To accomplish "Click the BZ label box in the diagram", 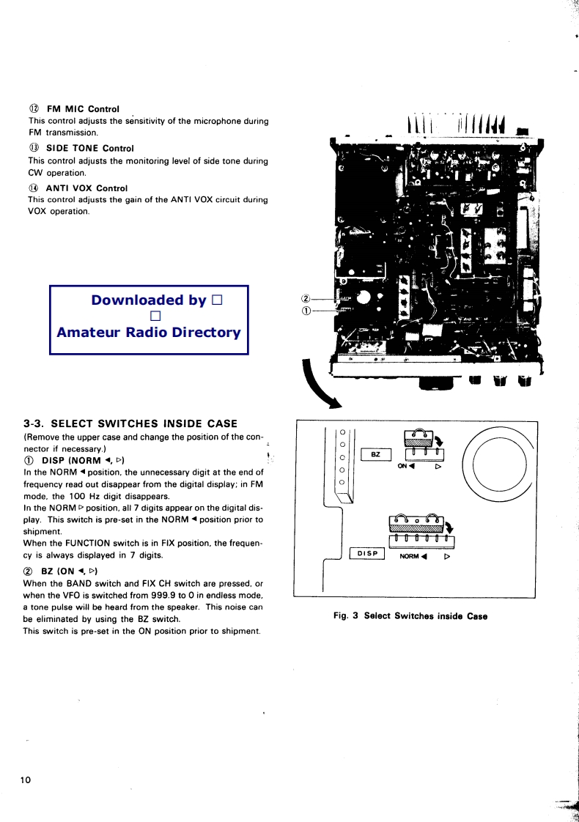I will [x=376, y=455].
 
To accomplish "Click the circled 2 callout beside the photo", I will [x=306, y=298].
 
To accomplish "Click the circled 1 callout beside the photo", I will [x=306, y=310].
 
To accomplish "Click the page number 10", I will [x=26, y=780].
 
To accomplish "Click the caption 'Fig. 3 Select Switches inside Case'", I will [x=410, y=616].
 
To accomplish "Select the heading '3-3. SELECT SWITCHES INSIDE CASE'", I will [x=130, y=423].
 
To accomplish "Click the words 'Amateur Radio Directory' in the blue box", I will [x=149, y=332].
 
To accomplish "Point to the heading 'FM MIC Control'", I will [x=82, y=109].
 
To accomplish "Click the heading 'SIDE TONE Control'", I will [x=89, y=148].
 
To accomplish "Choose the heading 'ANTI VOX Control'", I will [x=86, y=188].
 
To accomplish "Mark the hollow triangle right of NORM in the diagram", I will [x=446, y=556].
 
